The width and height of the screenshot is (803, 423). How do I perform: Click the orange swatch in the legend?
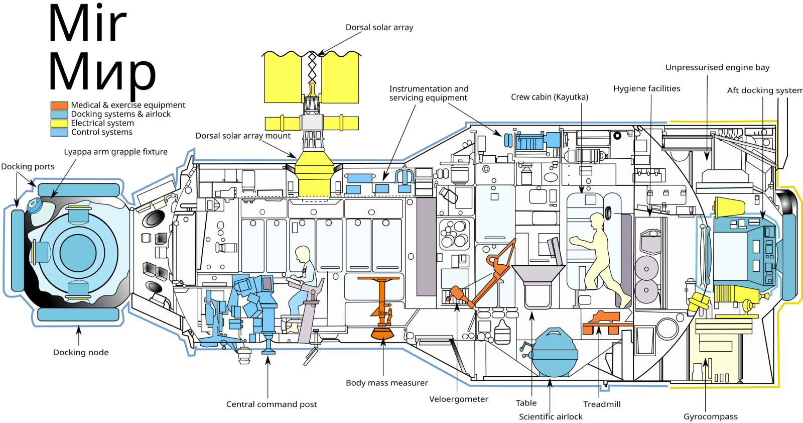pyautogui.click(x=59, y=105)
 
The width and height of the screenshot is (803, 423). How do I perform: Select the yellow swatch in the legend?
pyautogui.click(x=59, y=124)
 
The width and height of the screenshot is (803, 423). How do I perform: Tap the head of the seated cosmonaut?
pyautogui.click(x=303, y=254)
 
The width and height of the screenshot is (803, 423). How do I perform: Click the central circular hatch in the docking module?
pyautogui.click(x=78, y=252)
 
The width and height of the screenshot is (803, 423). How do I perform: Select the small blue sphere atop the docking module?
pyautogui.click(x=34, y=205)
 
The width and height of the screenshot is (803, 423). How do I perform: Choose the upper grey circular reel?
pyautogui.click(x=646, y=268)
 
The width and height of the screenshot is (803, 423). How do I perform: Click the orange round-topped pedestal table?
pyautogui.click(x=379, y=279)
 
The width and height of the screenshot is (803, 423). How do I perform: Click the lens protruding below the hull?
pyautogui.click(x=245, y=356)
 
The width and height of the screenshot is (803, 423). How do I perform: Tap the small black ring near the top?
pyautogui.click(x=617, y=135)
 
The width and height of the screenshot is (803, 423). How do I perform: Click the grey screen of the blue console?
pyautogui.click(x=266, y=285)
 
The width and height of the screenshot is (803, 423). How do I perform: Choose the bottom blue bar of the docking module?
pyautogui.click(x=79, y=315)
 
